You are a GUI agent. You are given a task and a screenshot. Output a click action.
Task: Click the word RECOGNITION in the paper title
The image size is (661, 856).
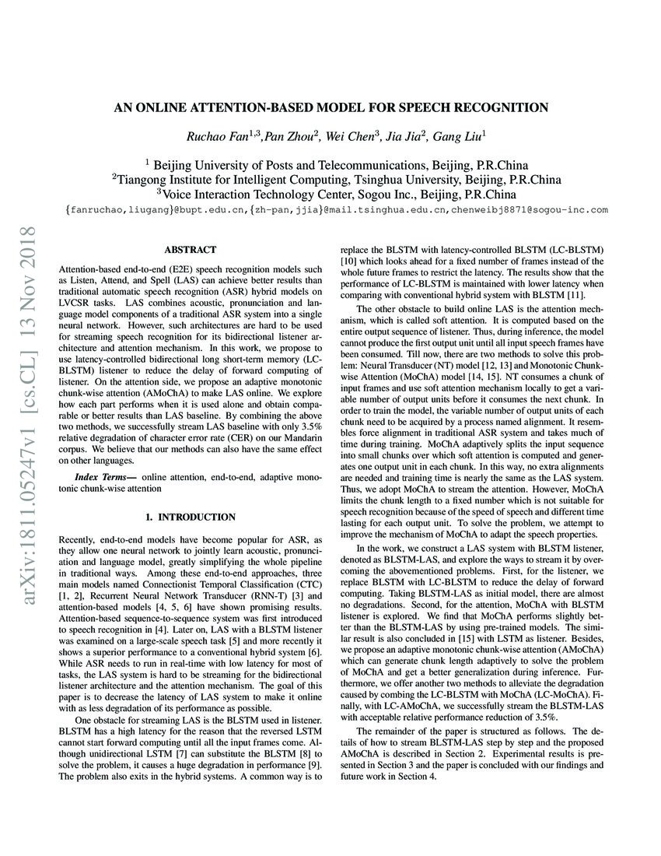(x=495, y=107)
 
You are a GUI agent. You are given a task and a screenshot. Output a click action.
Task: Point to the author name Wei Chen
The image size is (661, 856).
(x=348, y=137)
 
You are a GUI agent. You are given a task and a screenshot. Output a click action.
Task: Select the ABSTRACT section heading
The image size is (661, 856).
(x=190, y=250)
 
